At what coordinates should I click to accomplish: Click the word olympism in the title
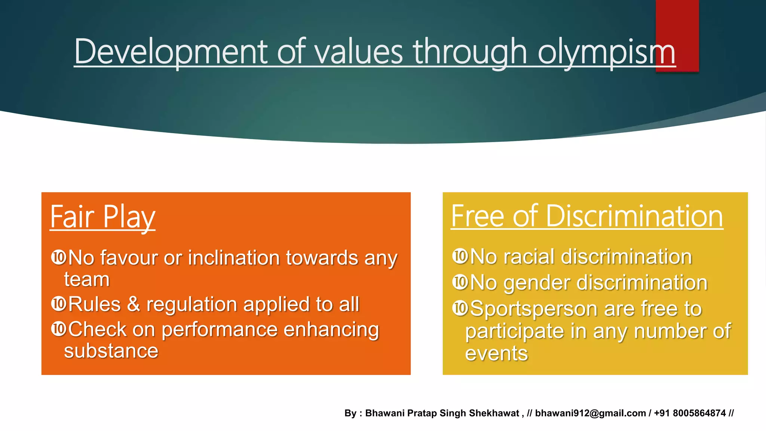[x=606, y=52]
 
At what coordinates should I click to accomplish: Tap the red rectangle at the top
[x=677, y=22]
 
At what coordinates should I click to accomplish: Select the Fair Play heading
[x=102, y=217]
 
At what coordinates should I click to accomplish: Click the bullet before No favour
[x=59, y=257]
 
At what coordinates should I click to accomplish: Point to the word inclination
[x=233, y=258]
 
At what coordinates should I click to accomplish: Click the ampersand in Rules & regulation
[x=134, y=304]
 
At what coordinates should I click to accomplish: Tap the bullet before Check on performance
[x=59, y=329]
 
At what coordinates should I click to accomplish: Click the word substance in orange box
[x=111, y=351]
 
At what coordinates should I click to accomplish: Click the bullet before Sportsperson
[x=460, y=308]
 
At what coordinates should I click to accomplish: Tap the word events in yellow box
[x=496, y=354]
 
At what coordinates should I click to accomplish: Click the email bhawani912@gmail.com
[x=590, y=413]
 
